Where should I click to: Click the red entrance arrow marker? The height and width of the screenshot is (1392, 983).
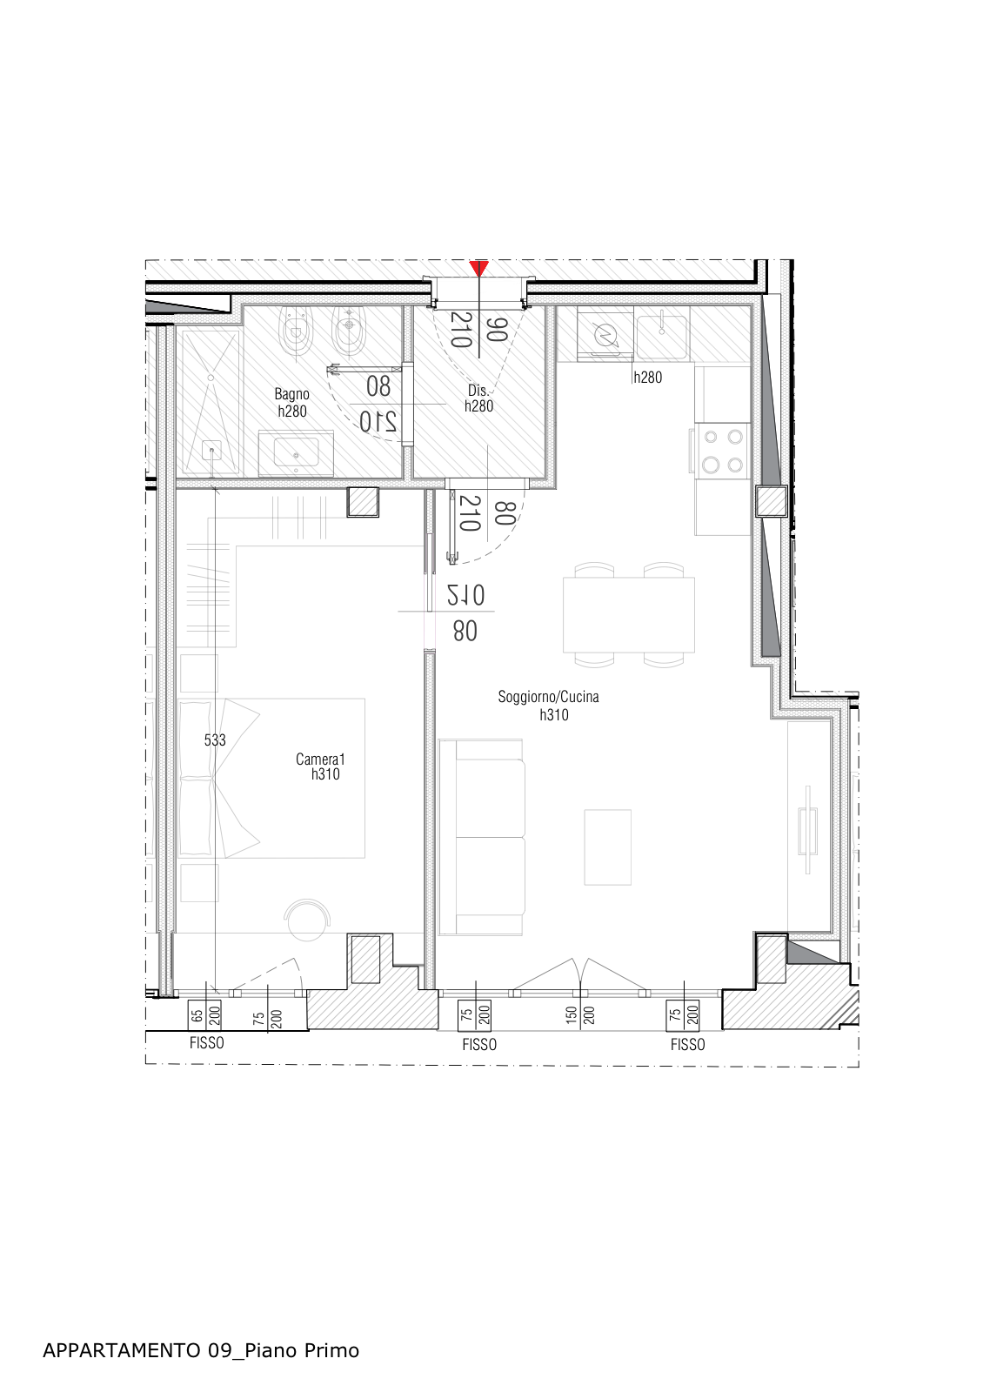[x=478, y=269]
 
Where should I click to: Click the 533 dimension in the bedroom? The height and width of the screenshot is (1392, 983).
[x=215, y=740]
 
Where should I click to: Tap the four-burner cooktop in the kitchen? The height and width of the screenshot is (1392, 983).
[x=723, y=451]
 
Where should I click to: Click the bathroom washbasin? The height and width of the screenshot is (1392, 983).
[x=296, y=453]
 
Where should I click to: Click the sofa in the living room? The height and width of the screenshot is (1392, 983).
[x=482, y=837]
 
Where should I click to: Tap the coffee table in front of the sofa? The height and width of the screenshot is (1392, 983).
[x=607, y=847]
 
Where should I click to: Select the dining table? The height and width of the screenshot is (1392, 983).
[x=629, y=615]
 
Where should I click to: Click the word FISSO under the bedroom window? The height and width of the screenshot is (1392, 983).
[x=207, y=1043]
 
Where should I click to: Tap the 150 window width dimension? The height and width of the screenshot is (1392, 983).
[x=572, y=1014]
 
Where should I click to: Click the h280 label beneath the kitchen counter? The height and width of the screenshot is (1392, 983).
[x=647, y=378]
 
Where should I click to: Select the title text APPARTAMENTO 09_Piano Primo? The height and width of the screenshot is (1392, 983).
[x=201, y=1350]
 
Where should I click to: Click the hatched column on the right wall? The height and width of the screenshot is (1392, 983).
[x=771, y=501]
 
